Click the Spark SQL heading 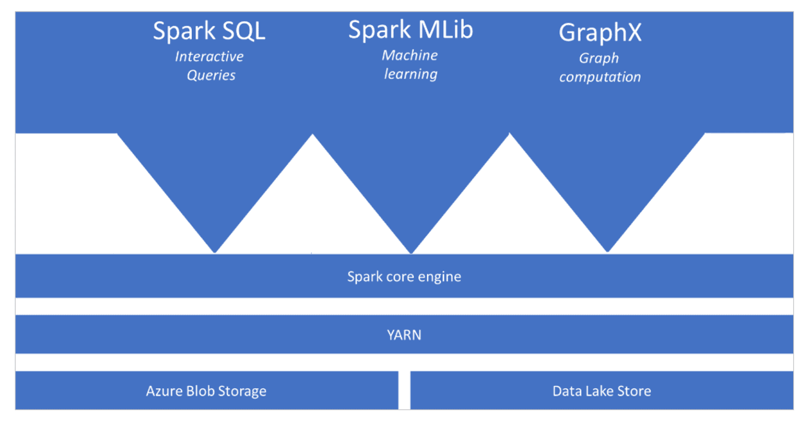click(x=209, y=31)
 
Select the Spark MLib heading click(x=410, y=30)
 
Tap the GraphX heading click(x=600, y=33)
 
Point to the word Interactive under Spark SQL click(x=209, y=57)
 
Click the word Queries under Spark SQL click(x=211, y=75)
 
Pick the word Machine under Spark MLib click(x=410, y=55)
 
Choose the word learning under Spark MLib click(x=410, y=74)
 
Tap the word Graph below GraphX click(x=599, y=58)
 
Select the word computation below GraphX click(x=600, y=77)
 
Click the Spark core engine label click(x=404, y=277)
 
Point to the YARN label click(x=404, y=335)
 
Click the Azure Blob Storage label click(x=206, y=392)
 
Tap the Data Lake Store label click(x=601, y=392)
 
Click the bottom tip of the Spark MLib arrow click(x=411, y=252)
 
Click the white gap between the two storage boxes click(x=404, y=390)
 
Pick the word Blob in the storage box click(x=199, y=392)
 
